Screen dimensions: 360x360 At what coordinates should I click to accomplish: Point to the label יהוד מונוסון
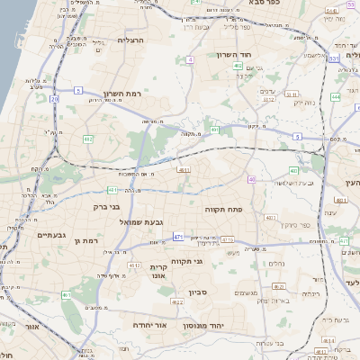pos(212,325)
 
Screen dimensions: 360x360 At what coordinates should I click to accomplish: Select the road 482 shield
pos(88,139)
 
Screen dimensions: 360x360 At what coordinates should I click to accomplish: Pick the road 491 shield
pos(215,130)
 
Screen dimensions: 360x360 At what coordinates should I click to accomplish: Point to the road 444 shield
pos(335,96)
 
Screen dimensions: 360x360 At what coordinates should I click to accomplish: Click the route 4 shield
pos(190,59)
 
